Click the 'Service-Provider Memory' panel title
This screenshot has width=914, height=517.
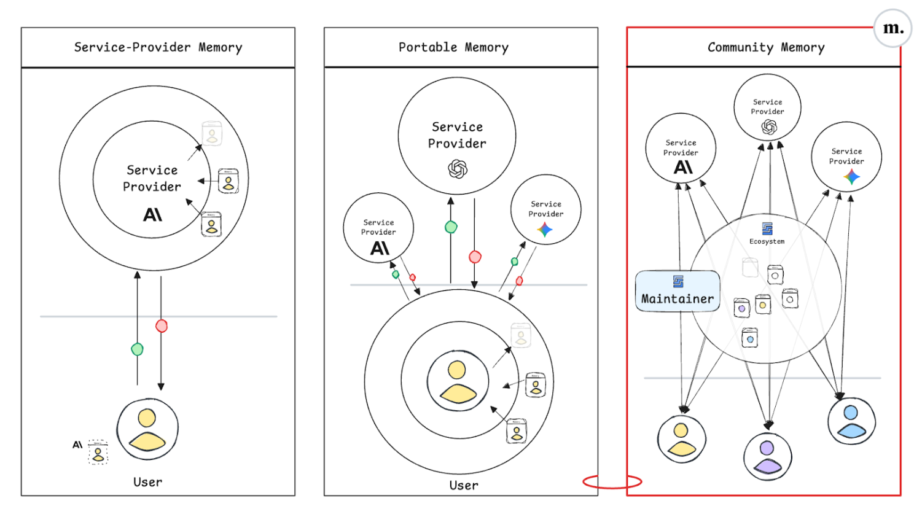click(158, 47)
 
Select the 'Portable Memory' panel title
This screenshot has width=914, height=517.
click(453, 47)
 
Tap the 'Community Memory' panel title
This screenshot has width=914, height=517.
click(765, 47)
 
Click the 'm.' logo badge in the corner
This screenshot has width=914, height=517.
click(893, 28)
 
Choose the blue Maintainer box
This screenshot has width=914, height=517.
click(678, 291)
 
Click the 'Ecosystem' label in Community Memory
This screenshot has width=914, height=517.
click(767, 241)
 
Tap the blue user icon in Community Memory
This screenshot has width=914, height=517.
click(851, 421)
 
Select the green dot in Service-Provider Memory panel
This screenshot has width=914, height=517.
click(137, 349)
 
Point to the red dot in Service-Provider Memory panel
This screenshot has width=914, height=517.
click(162, 325)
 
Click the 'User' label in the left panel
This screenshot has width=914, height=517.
click(148, 482)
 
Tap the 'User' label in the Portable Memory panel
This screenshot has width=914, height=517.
click(463, 485)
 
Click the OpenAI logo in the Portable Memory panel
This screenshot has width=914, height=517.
click(458, 168)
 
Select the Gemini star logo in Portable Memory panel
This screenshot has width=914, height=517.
click(545, 230)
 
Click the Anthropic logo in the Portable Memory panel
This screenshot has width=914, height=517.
click(380, 248)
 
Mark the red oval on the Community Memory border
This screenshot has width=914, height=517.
click(612, 481)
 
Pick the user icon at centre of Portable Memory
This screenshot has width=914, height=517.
click(458, 381)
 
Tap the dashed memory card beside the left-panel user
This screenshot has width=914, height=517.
click(98, 453)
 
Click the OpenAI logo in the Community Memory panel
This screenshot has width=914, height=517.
click(769, 126)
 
